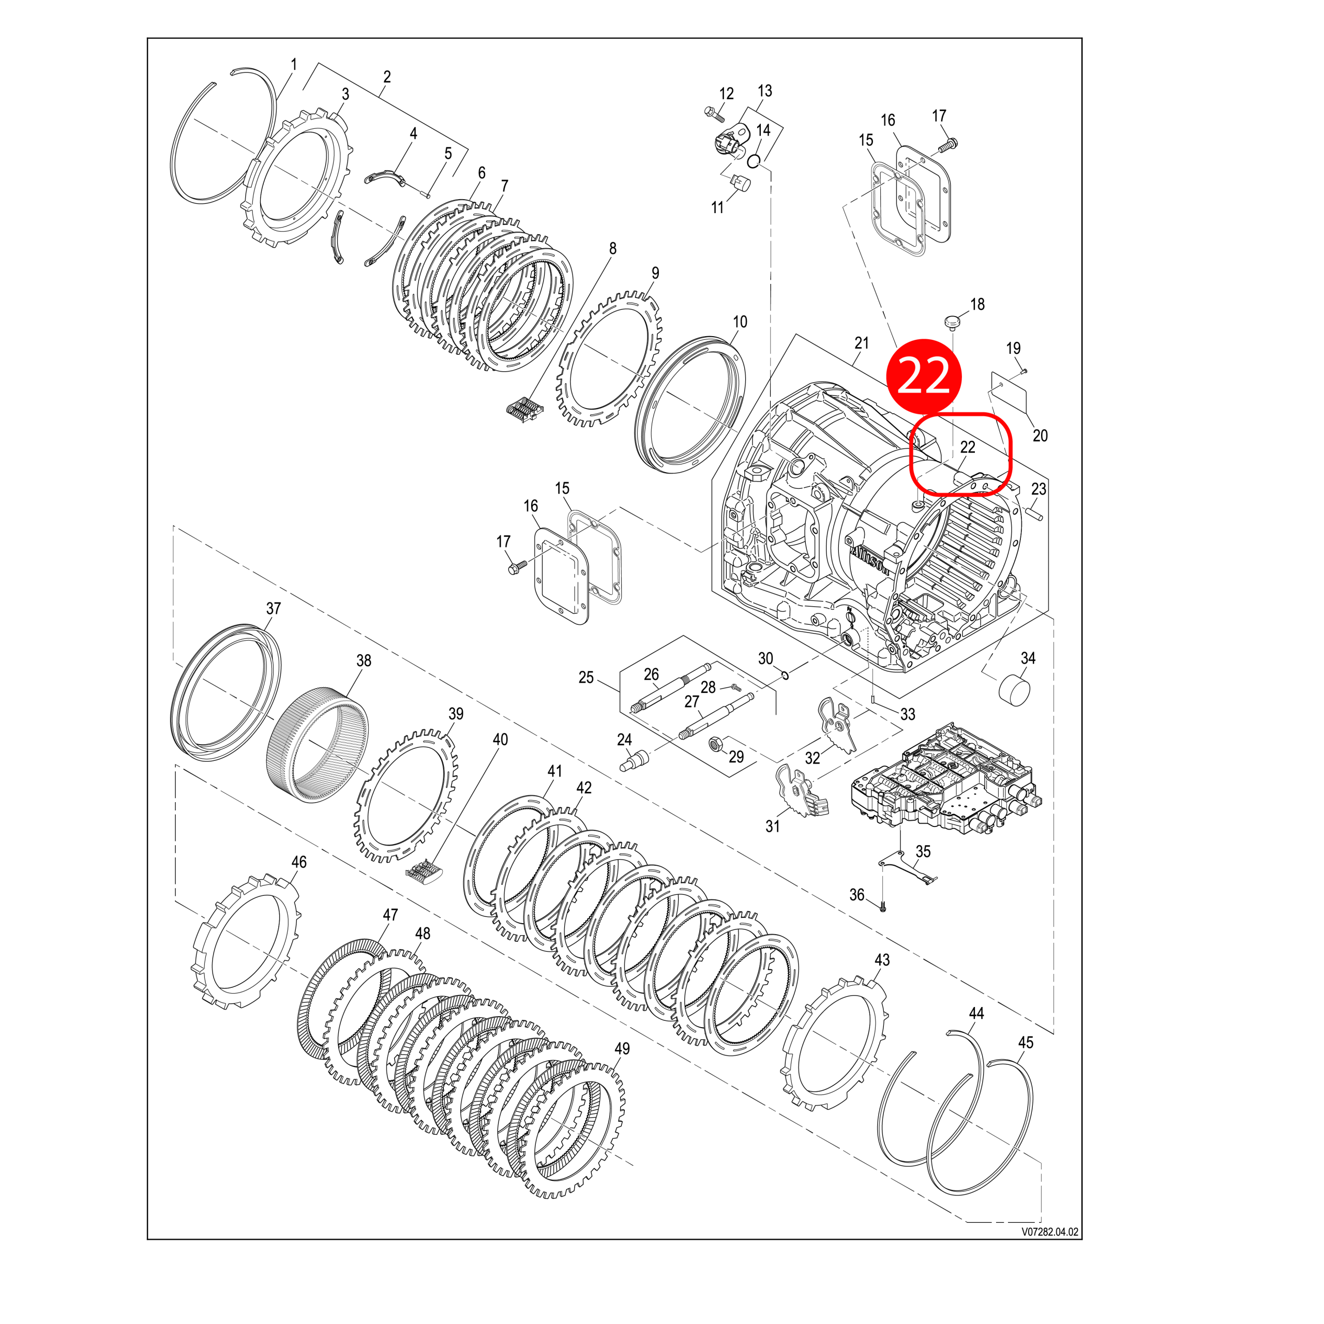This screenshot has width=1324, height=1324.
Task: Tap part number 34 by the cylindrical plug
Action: click(x=1028, y=658)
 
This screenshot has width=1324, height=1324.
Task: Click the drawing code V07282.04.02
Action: click(x=1050, y=1231)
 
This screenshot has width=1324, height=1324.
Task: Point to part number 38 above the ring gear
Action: click(x=364, y=660)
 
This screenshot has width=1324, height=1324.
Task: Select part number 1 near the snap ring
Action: click(x=294, y=65)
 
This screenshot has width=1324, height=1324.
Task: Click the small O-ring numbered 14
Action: click(x=754, y=161)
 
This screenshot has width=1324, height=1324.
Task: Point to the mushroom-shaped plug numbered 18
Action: click(x=952, y=320)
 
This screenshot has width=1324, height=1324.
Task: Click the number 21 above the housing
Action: click(x=862, y=343)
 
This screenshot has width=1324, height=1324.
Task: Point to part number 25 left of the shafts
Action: click(x=586, y=678)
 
